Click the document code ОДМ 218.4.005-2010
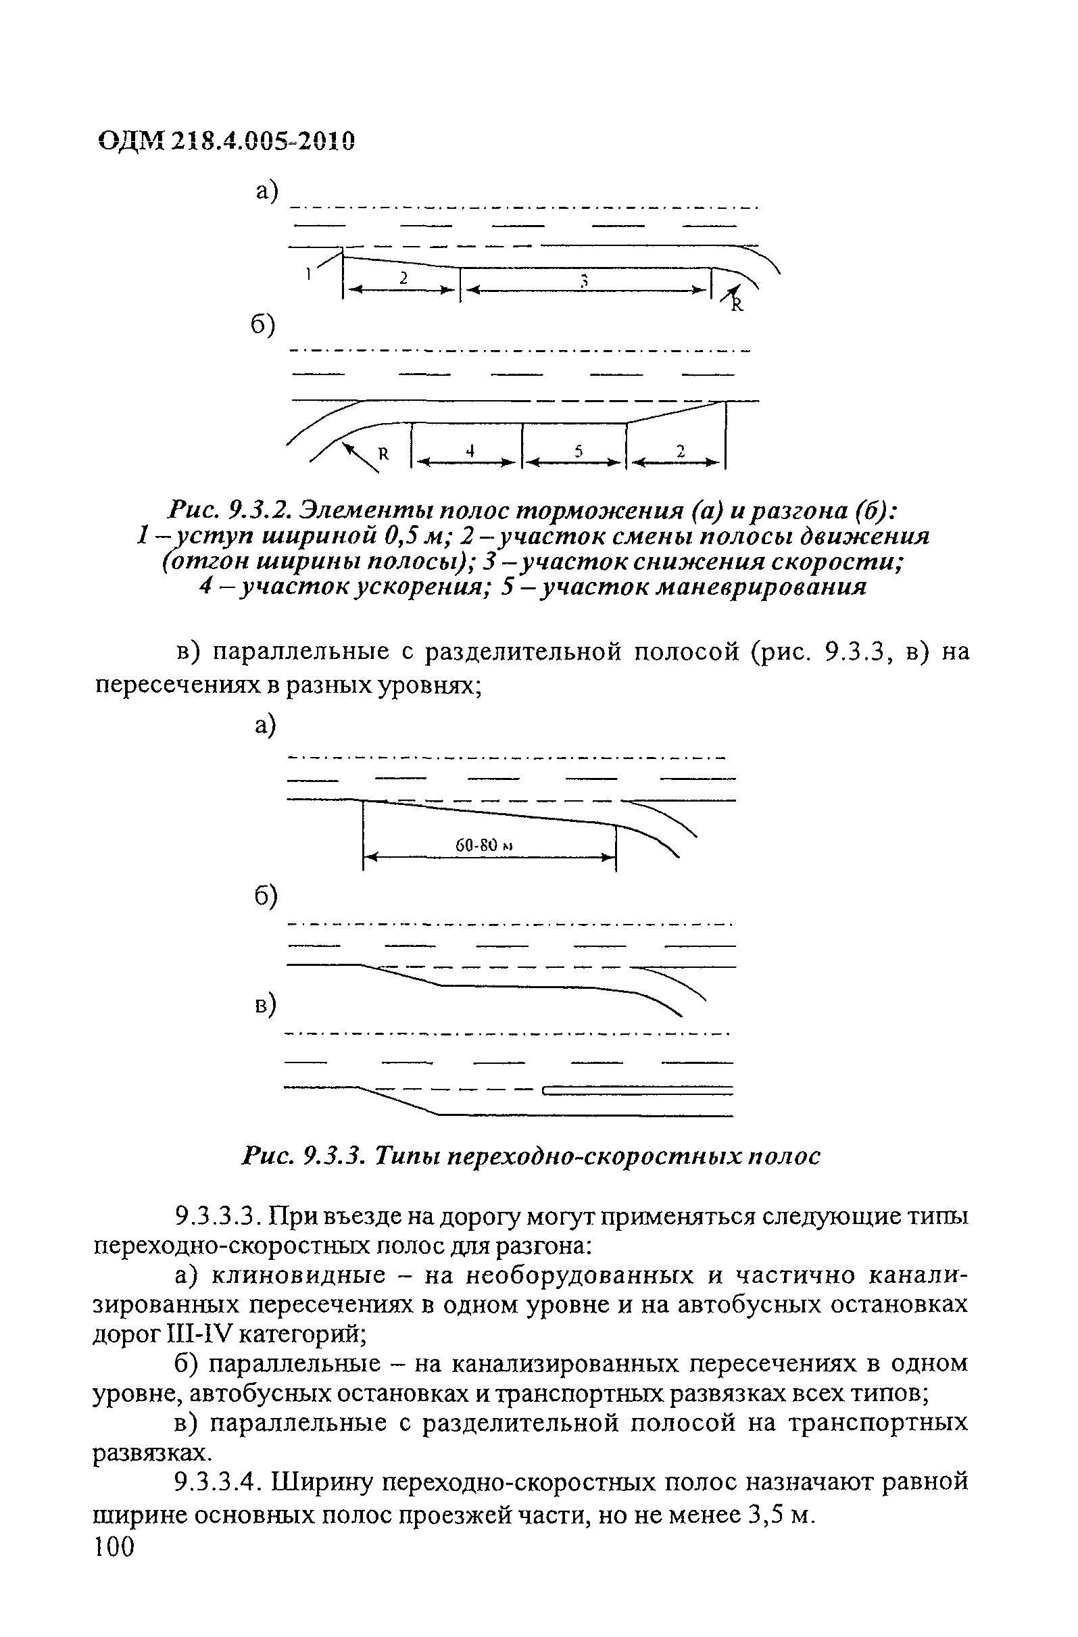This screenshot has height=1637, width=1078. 227,142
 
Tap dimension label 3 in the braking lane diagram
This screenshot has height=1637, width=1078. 584,279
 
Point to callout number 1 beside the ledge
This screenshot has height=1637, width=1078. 310,274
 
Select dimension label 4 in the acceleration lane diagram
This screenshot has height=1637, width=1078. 470,451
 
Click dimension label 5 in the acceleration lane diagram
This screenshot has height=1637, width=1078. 579,451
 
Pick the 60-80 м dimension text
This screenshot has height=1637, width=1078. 486,846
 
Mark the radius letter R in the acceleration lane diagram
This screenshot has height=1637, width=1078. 384,454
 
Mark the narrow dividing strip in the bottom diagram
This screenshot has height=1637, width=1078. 639,1090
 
